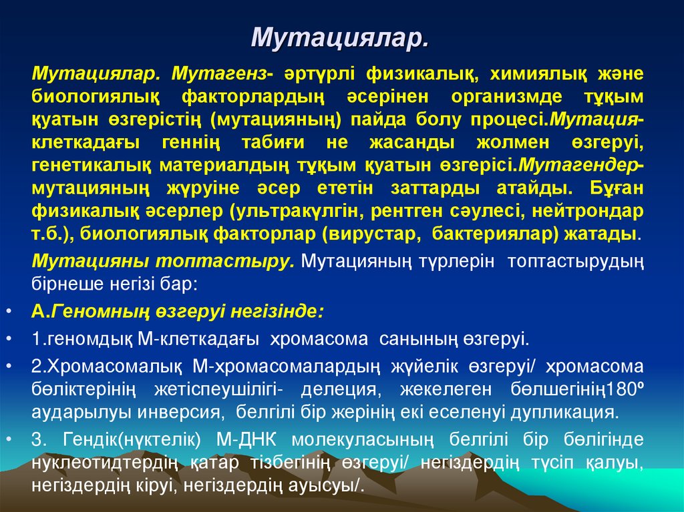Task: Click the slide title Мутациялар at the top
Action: (x=340, y=38)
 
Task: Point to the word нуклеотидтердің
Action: (x=105, y=463)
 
